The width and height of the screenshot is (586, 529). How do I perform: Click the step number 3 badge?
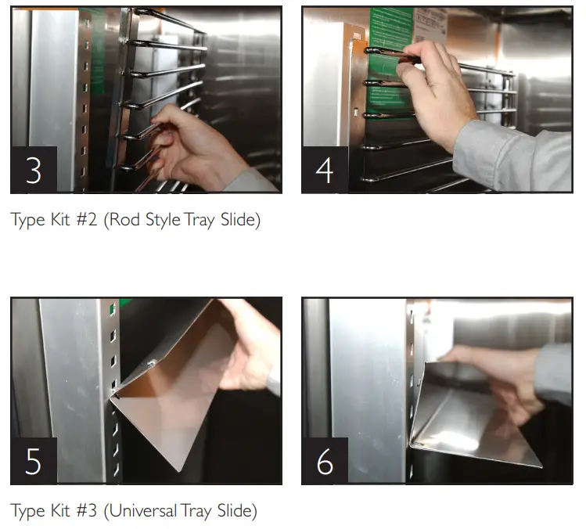coord(33,170)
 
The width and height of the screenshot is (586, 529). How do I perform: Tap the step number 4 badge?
coord(325,170)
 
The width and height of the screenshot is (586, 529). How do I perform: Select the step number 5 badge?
coord(33,461)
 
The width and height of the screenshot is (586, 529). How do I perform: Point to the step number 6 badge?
coord(325,461)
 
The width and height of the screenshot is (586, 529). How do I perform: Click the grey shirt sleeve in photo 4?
coord(516,153)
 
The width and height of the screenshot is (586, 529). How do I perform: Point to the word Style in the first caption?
coord(165,221)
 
